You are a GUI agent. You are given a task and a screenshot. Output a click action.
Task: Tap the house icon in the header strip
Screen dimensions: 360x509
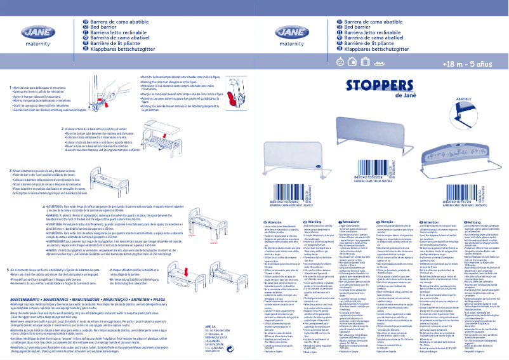(351, 63)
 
